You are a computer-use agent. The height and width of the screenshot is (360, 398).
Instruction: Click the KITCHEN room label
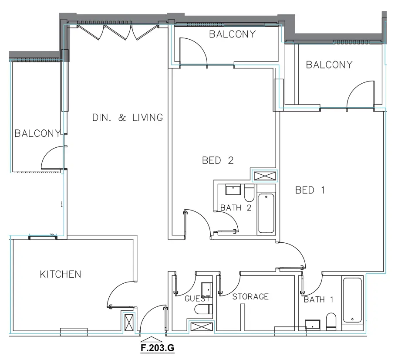point(60,274)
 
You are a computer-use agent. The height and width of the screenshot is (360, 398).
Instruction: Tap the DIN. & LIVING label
point(127,117)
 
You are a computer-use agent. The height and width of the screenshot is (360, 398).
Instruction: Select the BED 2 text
point(218,160)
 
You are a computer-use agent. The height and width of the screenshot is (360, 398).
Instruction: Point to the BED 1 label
point(310,190)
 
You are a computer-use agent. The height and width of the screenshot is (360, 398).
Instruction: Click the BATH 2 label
point(236,208)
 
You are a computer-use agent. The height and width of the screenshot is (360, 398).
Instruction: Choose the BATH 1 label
point(318,299)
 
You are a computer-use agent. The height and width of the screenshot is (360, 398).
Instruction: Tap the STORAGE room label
point(250,297)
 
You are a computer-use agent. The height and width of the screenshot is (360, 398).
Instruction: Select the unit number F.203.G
point(153,348)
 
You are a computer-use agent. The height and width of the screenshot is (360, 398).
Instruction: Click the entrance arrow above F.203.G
point(153,338)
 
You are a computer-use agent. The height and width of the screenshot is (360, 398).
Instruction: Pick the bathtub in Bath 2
point(266,214)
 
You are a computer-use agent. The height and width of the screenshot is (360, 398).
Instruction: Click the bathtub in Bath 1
point(352,299)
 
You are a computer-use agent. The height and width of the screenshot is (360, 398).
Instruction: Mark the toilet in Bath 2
point(249,192)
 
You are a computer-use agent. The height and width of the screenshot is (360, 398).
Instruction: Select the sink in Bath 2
point(233,190)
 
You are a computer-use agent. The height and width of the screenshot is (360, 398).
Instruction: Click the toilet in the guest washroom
point(203,309)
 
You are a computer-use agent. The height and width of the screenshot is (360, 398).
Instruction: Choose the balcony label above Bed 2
point(232,34)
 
